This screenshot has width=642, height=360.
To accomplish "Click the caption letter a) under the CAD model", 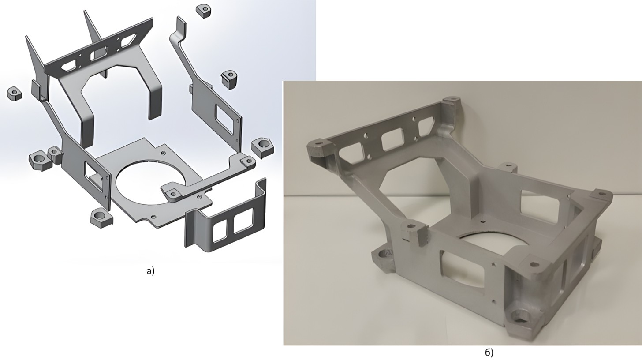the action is [x=150, y=271].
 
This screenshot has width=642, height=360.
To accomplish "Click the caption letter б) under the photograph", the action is [x=489, y=352].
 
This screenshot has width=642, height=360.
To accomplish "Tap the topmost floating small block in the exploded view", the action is [x=204, y=11].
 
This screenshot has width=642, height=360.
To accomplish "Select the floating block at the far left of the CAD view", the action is [x=14, y=93].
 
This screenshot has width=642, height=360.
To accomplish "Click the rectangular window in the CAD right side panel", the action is [x=225, y=119].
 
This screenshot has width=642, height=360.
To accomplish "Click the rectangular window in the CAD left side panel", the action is [x=93, y=176].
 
